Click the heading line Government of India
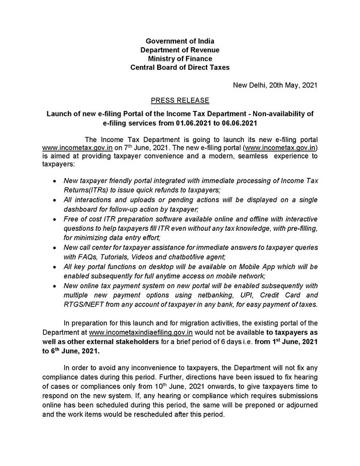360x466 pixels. point(180,41)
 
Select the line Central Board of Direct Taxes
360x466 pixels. point(180,67)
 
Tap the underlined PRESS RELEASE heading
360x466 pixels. point(180,101)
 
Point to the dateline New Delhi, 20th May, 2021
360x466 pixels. point(275,85)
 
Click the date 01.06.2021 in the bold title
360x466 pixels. point(206,122)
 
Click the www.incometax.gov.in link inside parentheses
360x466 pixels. point(278,147)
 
